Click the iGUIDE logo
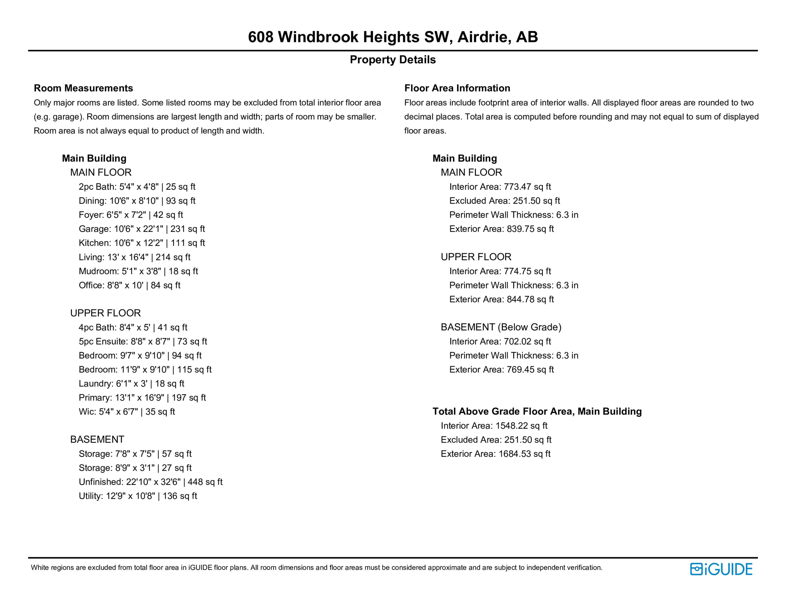point(721,569)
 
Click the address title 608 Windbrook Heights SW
point(393,37)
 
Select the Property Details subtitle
point(393,60)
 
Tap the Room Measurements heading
point(83,88)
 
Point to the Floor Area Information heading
point(457,88)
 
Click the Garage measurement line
point(142,229)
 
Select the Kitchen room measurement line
point(142,243)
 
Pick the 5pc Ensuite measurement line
point(143,341)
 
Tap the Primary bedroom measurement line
point(142,398)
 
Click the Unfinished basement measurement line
point(150,482)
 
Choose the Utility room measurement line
point(138,496)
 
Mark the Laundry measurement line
point(131,384)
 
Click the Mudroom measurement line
point(138,271)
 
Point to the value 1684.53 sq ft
point(524,454)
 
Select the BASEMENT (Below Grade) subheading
point(501,327)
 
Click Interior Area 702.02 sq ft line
point(500,341)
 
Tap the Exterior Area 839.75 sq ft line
point(501,229)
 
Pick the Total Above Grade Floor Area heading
point(537,411)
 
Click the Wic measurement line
point(127,412)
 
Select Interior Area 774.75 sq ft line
point(500,271)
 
